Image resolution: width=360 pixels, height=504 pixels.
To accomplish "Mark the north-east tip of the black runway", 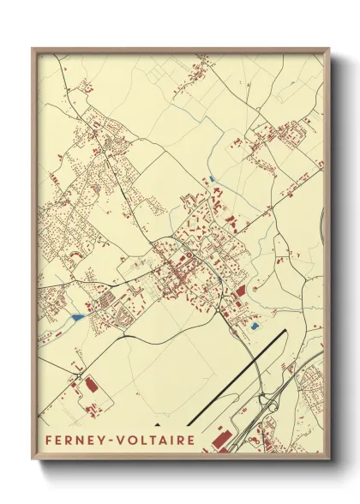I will tap(286, 331).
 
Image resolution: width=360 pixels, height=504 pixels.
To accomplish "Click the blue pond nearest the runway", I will tap(253, 326).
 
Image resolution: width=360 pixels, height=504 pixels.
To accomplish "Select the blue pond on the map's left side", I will tap(77, 317).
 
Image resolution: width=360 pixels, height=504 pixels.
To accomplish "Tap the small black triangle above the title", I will tap(157, 424).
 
